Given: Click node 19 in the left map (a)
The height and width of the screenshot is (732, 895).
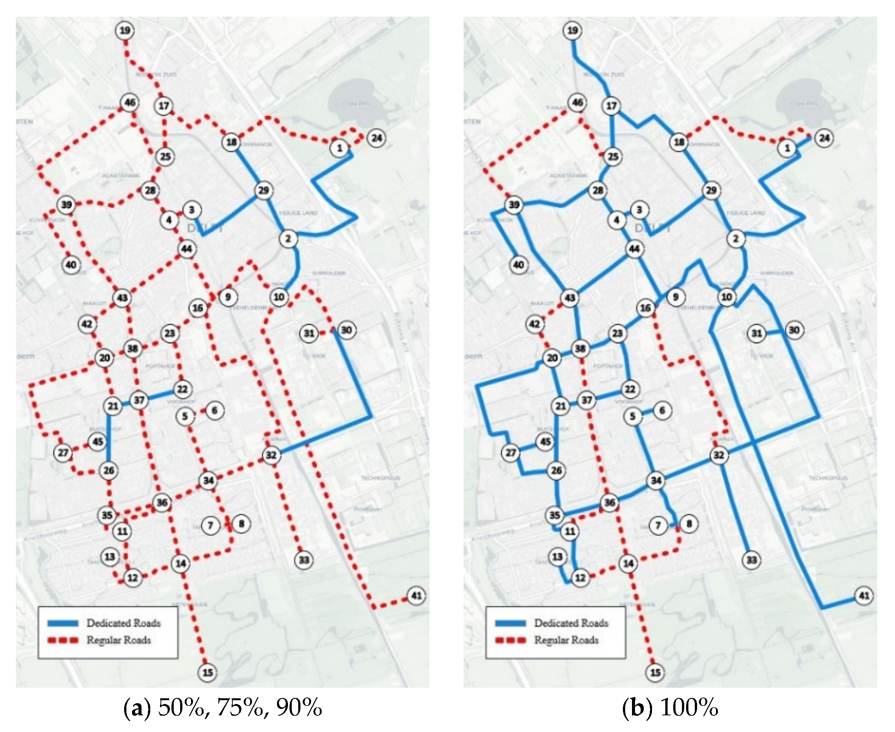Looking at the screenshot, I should (125, 31).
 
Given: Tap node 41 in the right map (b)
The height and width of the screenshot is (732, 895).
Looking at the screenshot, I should (864, 596).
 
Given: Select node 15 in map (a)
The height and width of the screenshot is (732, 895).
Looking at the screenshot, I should (208, 673).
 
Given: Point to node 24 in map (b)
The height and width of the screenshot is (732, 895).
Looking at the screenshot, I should (824, 138).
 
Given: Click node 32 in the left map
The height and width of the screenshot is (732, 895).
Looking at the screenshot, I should (271, 455).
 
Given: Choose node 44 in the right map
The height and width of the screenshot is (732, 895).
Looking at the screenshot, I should (634, 249).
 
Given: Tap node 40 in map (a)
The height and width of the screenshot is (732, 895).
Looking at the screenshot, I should (71, 265).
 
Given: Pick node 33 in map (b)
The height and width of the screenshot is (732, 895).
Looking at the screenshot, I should (752, 560).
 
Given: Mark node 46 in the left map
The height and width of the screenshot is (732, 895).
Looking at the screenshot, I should (130, 103).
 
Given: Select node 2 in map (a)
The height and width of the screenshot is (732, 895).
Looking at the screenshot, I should (288, 239).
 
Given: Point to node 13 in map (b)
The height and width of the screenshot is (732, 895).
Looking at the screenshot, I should (557, 557).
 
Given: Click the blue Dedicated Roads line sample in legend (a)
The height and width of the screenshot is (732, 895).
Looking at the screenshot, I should (63, 623).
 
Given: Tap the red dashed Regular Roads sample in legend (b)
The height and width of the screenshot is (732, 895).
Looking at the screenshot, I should (510, 640).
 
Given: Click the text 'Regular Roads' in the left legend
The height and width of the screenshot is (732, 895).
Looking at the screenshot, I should (118, 640).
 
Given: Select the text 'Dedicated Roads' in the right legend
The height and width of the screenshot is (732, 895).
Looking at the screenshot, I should (571, 623).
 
